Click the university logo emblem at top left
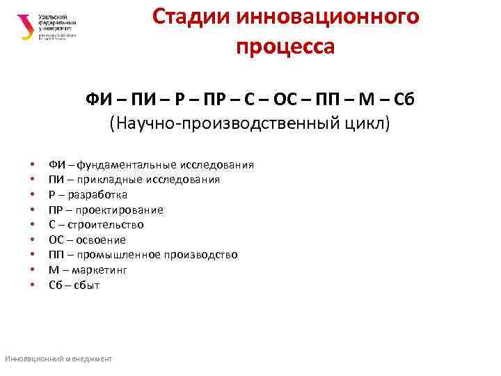tap(26, 27)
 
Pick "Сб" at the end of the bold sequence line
tap(404, 99)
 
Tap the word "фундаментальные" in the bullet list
tap(127, 165)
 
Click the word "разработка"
tap(99, 195)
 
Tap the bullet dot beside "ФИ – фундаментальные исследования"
tap(32, 166)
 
